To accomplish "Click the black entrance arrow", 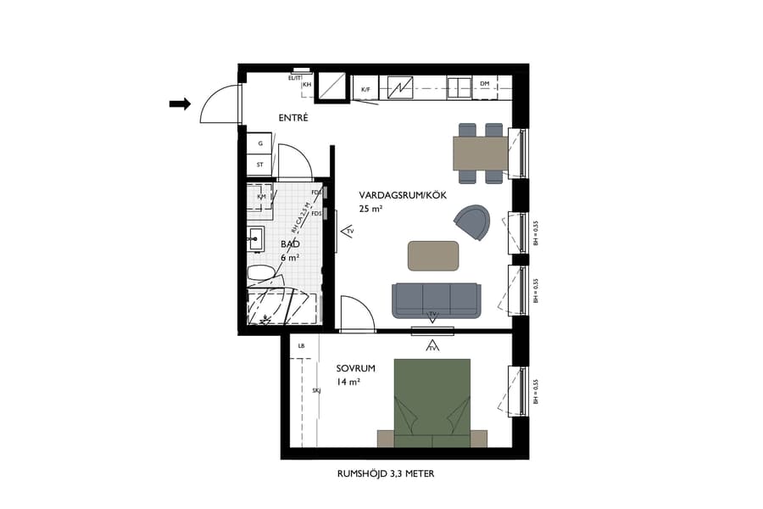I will pyautogui.click(x=180, y=103).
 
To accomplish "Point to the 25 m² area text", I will pyautogui.click(x=370, y=209).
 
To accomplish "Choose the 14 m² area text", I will pyautogui.click(x=348, y=383).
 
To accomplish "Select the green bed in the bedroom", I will pyautogui.click(x=432, y=399).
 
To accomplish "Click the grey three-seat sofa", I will pyautogui.click(x=435, y=299).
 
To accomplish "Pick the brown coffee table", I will pyautogui.click(x=433, y=255).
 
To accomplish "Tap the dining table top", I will pyautogui.click(x=480, y=154).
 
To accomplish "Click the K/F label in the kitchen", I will pyautogui.click(x=366, y=89).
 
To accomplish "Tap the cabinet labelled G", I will pyautogui.click(x=260, y=143).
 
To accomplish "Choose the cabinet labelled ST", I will pyautogui.click(x=260, y=165).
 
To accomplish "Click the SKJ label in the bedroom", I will pyautogui.click(x=316, y=391).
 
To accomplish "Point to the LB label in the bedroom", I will pyautogui.click(x=301, y=346).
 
